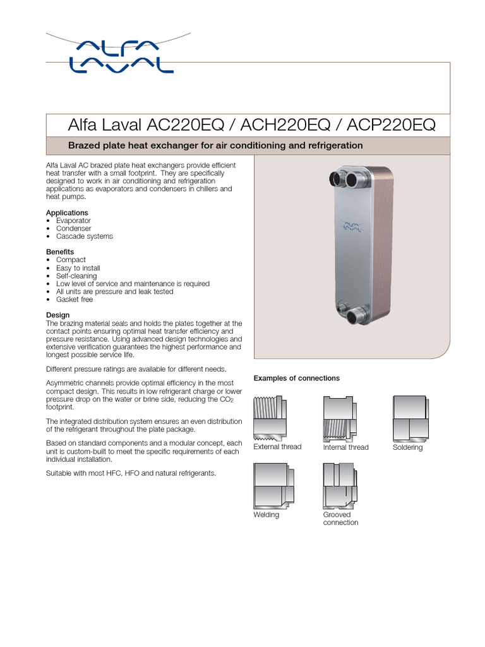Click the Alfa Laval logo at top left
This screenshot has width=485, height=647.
[x=120, y=55]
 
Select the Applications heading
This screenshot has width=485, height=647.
[x=67, y=213]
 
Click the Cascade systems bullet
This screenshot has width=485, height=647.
[x=85, y=236]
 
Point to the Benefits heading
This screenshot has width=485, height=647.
[x=60, y=252]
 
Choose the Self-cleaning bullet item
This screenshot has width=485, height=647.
[x=76, y=276]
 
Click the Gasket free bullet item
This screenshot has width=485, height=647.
[x=75, y=299]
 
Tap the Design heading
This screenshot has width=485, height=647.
[x=58, y=315]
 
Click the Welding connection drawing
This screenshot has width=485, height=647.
[x=273, y=485]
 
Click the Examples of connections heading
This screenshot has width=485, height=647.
[x=296, y=378]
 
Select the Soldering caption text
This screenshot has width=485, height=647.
[x=407, y=447]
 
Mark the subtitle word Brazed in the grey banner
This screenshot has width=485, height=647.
[x=83, y=145]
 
